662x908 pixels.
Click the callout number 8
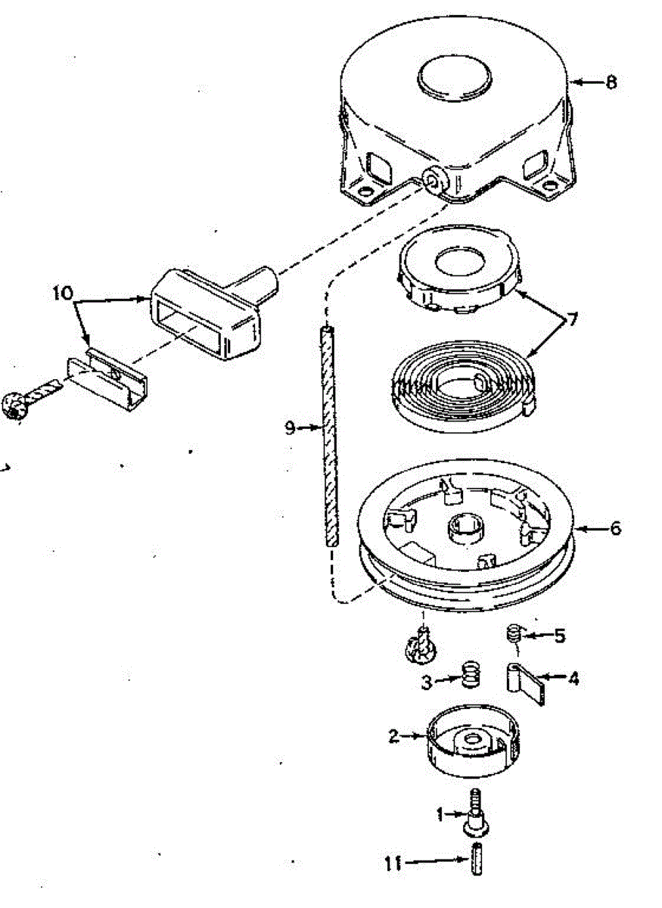(611, 82)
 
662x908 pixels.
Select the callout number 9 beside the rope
(290, 428)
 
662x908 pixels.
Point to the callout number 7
(573, 319)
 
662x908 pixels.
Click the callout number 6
(615, 527)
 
